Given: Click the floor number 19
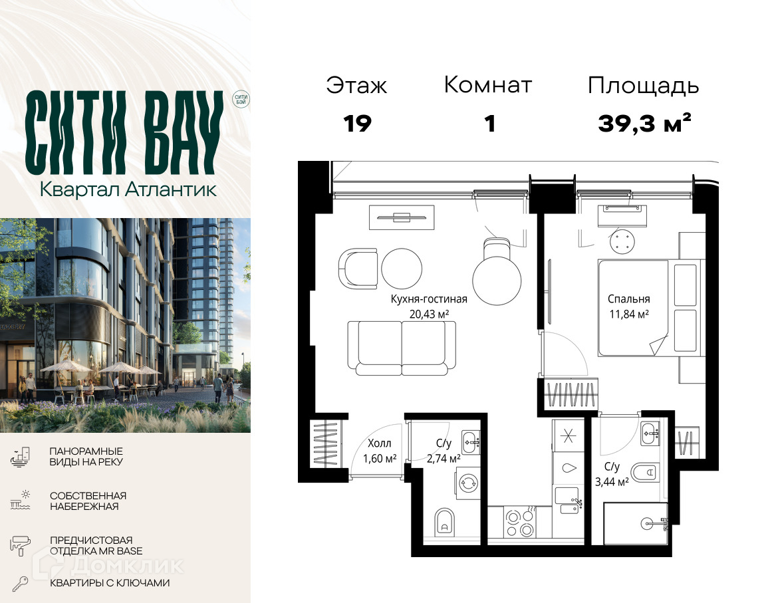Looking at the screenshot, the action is (x=358, y=124).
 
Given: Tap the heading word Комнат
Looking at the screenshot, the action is (x=487, y=85).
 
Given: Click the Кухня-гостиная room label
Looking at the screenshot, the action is (x=428, y=299).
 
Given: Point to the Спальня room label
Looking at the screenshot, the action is (x=629, y=299).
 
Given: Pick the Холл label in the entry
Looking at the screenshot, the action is (x=380, y=443).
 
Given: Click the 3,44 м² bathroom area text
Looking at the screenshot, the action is (x=612, y=483).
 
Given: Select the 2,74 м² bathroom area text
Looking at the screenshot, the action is (x=444, y=459).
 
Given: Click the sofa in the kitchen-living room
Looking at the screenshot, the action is (x=402, y=348).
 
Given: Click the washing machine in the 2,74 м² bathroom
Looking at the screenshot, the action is (x=468, y=483).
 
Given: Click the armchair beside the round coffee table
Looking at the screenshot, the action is (x=358, y=269).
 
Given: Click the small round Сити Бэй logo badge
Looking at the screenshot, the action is (x=241, y=99).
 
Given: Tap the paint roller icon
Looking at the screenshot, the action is (x=20, y=545).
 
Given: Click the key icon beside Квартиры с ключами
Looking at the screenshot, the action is (x=21, y=584).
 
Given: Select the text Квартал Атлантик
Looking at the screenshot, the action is (x=128, y=189).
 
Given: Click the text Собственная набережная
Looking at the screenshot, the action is (x=88, y=501).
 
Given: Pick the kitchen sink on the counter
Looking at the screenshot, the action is (x=569, y=501).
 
